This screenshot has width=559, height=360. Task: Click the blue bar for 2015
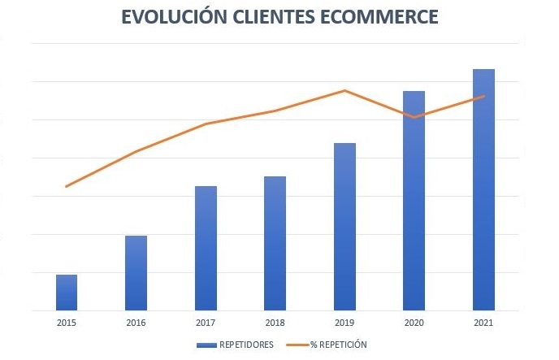pyautogui.click(x=67, y=293)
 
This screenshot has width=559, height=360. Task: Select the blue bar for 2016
pyautogui.click(x=136, y=273)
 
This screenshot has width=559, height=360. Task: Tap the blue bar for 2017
pyautogui.click(x=206, y=248)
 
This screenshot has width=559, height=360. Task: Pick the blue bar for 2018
pyautogui.click(x=275, y=243)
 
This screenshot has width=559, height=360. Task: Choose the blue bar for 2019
pyautogui.click(x=344, y=227)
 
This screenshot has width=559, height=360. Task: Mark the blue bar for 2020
pyautogui.click(x=414, y=201)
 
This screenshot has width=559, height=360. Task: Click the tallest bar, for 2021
pyautogui.click(x=484, y=189)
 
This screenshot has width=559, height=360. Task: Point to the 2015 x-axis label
pyautogui.click(x=67, y=323)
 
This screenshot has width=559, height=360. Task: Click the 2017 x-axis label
pyautogui.click(x=206, y=323)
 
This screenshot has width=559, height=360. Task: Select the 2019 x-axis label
pyautogui.click(x=344, y=323)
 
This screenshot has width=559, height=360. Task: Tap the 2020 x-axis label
pyautogui.click(x=414, y=323)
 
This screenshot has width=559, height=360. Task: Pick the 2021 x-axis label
pyautogui.click(x=484, y=323)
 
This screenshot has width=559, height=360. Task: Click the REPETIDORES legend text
pyautogui.click(x=246, y=345)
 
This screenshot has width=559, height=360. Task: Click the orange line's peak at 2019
pyautogui.click(x=345, y=90)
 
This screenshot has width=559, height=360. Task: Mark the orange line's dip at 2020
pyautogui.click(x=414, y=118)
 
